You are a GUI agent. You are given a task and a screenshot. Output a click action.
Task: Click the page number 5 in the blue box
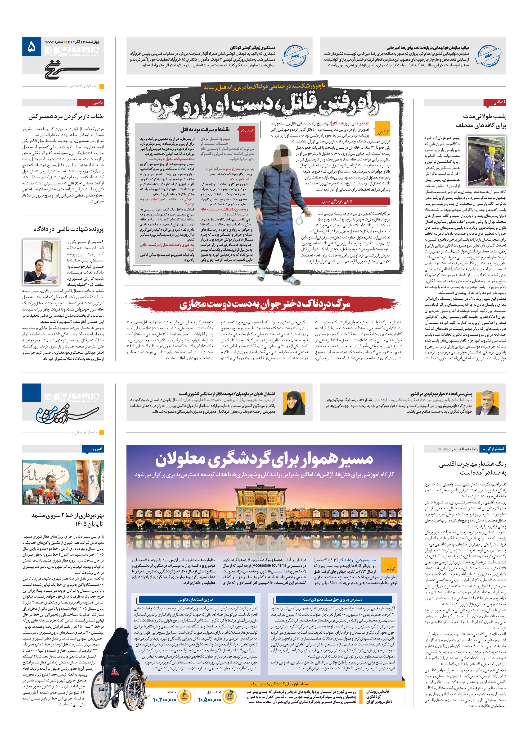click(x=31, y=47)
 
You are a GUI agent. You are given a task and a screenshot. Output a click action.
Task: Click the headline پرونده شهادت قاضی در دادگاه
click(x=69, y=229)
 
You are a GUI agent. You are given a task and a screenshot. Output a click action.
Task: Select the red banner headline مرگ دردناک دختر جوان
click(x=265, y=304)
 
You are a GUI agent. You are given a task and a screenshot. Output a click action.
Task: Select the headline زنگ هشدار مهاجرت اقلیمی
click(x=472, y=468)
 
